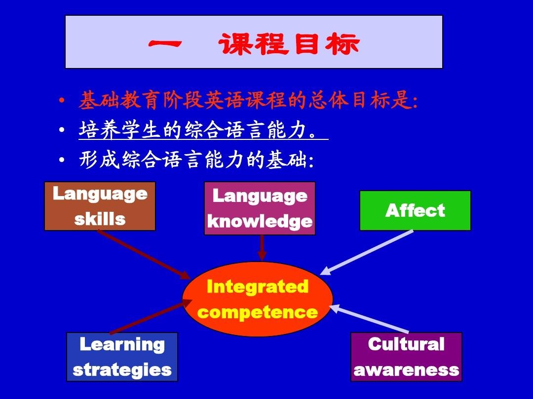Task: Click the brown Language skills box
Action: [x=100, y=206]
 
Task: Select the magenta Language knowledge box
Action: [x=260, y=208]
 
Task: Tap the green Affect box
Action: [x=415, y=210]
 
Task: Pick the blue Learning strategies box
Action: [x=122, y=357]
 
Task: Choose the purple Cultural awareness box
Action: [x=406, y=357]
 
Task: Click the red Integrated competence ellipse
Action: [x=257, y=299]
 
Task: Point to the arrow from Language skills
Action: [x=144, y=255]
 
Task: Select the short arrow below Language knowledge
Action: [x=262, y=248]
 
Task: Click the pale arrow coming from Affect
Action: [x=366, y=252]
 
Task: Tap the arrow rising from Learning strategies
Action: [x=151, y=317]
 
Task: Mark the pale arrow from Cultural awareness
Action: [x=369, y=319]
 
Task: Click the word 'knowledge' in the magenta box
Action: [x=260, y=222]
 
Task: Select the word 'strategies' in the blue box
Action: [x=122, y=370]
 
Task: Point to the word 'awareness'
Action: [x=406, y=370]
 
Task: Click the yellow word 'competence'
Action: [x=257, y=312]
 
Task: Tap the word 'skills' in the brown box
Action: [x=100, y=219]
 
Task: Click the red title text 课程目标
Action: [x=288, y=44]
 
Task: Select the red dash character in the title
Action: [x=165, y=43]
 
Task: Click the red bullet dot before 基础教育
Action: [x=62, y=100]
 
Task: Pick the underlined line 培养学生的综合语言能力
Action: [x=203, y=130]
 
